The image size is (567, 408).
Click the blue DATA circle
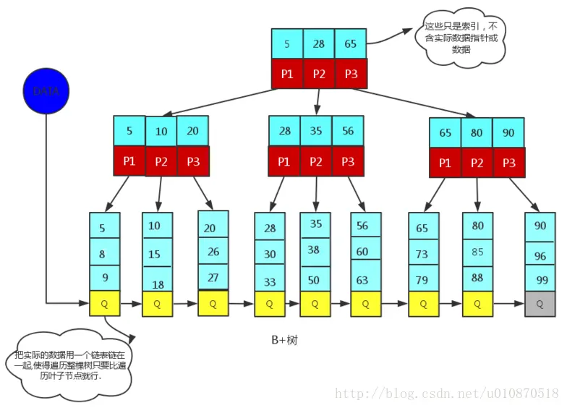point(46,91)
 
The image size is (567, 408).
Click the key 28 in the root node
point(319,44)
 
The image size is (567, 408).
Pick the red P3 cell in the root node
point(351,74)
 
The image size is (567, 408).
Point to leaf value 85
point(478,252)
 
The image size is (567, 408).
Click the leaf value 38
point(315,250)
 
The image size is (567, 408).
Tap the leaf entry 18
point(157,284)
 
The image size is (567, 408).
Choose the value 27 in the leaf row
point(213,277)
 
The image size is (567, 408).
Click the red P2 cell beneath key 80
point(477,163)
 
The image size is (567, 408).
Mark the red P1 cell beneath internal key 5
point(129,161)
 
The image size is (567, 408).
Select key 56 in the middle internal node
point(348,131)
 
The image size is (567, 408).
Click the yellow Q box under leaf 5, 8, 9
point(105,304)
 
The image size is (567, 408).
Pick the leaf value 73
point(423,254)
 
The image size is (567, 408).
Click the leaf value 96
point(540,255)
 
